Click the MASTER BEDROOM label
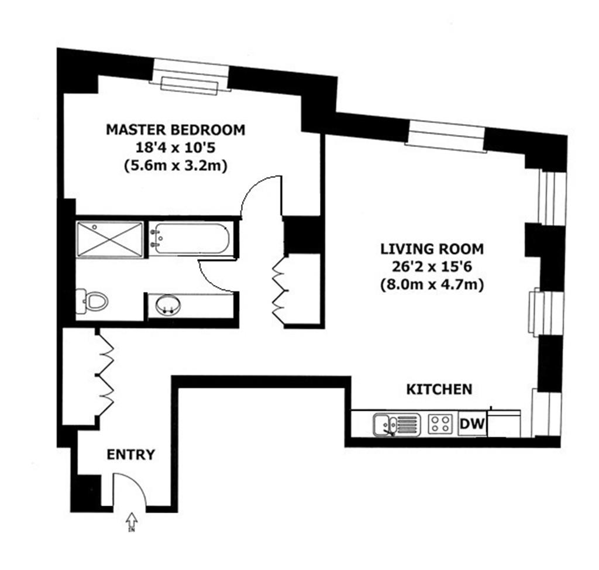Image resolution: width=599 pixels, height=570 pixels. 175,129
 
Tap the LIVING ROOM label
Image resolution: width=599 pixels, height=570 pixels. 432,249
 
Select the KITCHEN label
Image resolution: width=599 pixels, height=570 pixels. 439,389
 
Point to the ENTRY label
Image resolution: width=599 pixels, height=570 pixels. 131,455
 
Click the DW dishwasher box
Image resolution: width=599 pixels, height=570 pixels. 473,424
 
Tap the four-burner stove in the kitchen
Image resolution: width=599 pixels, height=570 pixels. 441,424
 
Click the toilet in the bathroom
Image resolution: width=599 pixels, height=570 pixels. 94,301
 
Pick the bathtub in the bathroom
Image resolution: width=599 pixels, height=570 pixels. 188,239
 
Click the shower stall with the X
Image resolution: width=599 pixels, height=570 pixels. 110,239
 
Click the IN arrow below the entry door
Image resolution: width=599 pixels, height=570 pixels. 131,521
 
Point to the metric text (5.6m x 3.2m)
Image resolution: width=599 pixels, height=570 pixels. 175,166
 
